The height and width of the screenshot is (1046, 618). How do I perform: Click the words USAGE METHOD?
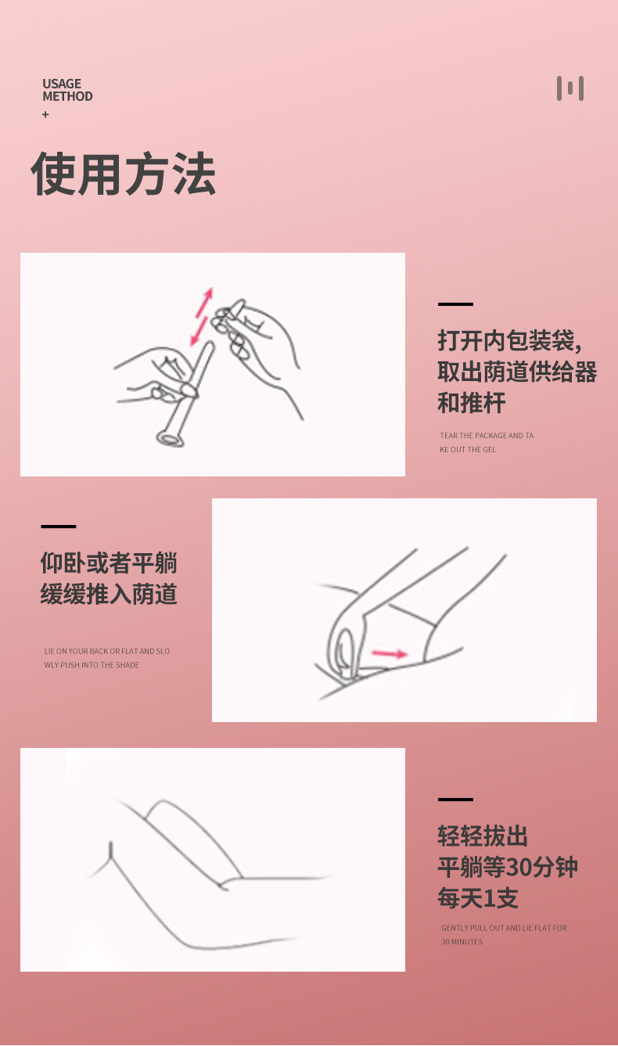tap(67, 90)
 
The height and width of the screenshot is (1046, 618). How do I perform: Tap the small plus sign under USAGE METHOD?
tap(45, 114)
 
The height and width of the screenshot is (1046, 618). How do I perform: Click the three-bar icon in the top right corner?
tap(570, 88)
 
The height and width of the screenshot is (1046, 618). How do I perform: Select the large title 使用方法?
tap(124, 174)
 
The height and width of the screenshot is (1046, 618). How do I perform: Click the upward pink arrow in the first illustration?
tap(204, 302)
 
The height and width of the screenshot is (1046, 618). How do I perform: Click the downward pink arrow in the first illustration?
tap(199, 332)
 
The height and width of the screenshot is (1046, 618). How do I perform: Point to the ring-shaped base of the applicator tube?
tap(170, 439)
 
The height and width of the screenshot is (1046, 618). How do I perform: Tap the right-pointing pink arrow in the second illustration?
tap(390, 653)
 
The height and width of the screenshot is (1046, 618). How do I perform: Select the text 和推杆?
tap(472, 403)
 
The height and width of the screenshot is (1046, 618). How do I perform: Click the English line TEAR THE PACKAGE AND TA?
tap(487, 436)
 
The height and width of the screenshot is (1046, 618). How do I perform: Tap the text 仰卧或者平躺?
tap(109, 563)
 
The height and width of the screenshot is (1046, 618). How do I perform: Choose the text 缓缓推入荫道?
tap(109, 594)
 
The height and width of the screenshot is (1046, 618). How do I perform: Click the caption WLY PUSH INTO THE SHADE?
tap(92, 665)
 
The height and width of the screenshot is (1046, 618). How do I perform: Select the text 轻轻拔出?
tap(483, 836)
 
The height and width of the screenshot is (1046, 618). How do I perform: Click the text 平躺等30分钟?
tap(508, 867)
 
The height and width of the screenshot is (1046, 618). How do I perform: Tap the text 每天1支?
tap(478, 898)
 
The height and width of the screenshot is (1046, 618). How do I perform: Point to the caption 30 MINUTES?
tap(462, 942)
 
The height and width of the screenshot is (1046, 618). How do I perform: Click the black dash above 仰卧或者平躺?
tap(59, 527)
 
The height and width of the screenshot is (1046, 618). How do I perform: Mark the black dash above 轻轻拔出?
tap(455, 800)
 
